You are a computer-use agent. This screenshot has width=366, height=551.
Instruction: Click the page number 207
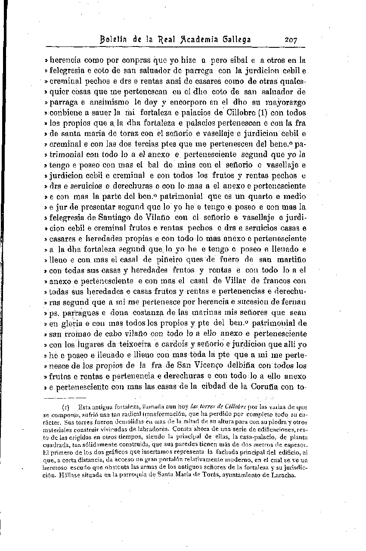(x=294, y=40)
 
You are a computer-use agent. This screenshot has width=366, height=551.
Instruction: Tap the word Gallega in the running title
(x=236, y=40)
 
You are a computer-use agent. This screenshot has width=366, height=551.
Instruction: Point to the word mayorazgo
(x=285, y=103)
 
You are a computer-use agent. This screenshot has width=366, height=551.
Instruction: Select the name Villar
(x=236, y=281)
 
